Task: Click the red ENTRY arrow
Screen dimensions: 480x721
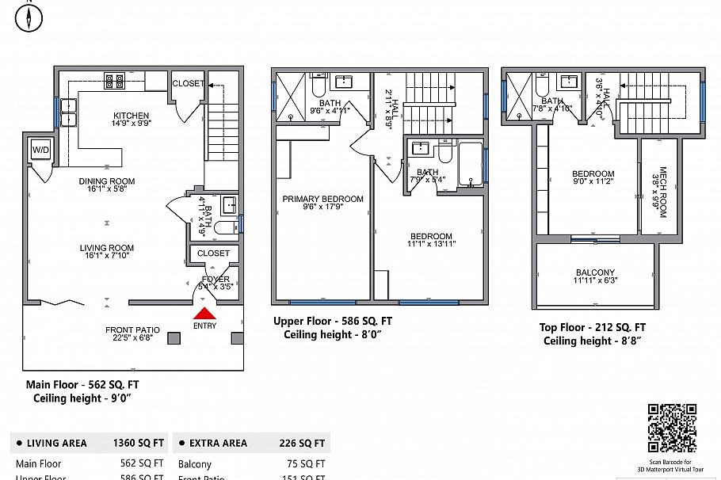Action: [204, 314]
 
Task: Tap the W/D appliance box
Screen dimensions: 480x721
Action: [40, 149]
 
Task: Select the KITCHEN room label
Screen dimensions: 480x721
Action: [131, 115]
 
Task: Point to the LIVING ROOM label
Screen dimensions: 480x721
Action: [107, 248]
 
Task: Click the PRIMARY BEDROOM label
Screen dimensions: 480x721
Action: [322, 199]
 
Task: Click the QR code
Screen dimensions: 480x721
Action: [672, 428]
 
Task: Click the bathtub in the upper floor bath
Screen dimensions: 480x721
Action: [469, 163]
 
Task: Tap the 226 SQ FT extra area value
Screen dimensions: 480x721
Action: [302, 444]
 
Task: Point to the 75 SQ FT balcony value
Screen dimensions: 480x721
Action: [305, 464]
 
